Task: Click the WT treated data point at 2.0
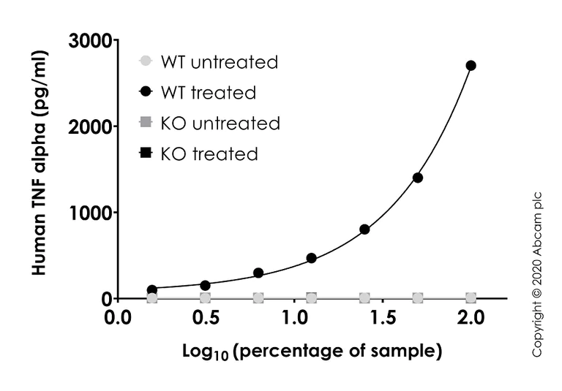(471, 65)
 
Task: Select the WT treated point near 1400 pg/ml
(418, 178)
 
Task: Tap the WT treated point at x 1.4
(364, 229)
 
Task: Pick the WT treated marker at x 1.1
(311, 258)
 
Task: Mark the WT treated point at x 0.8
(258, 273)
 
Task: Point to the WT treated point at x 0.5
(206, 285)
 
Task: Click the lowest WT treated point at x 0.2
(152, 290)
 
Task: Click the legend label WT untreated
(219, 62)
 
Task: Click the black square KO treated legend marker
(146, 153)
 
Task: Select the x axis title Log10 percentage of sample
(312, 352)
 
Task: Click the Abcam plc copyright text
(537, 274)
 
